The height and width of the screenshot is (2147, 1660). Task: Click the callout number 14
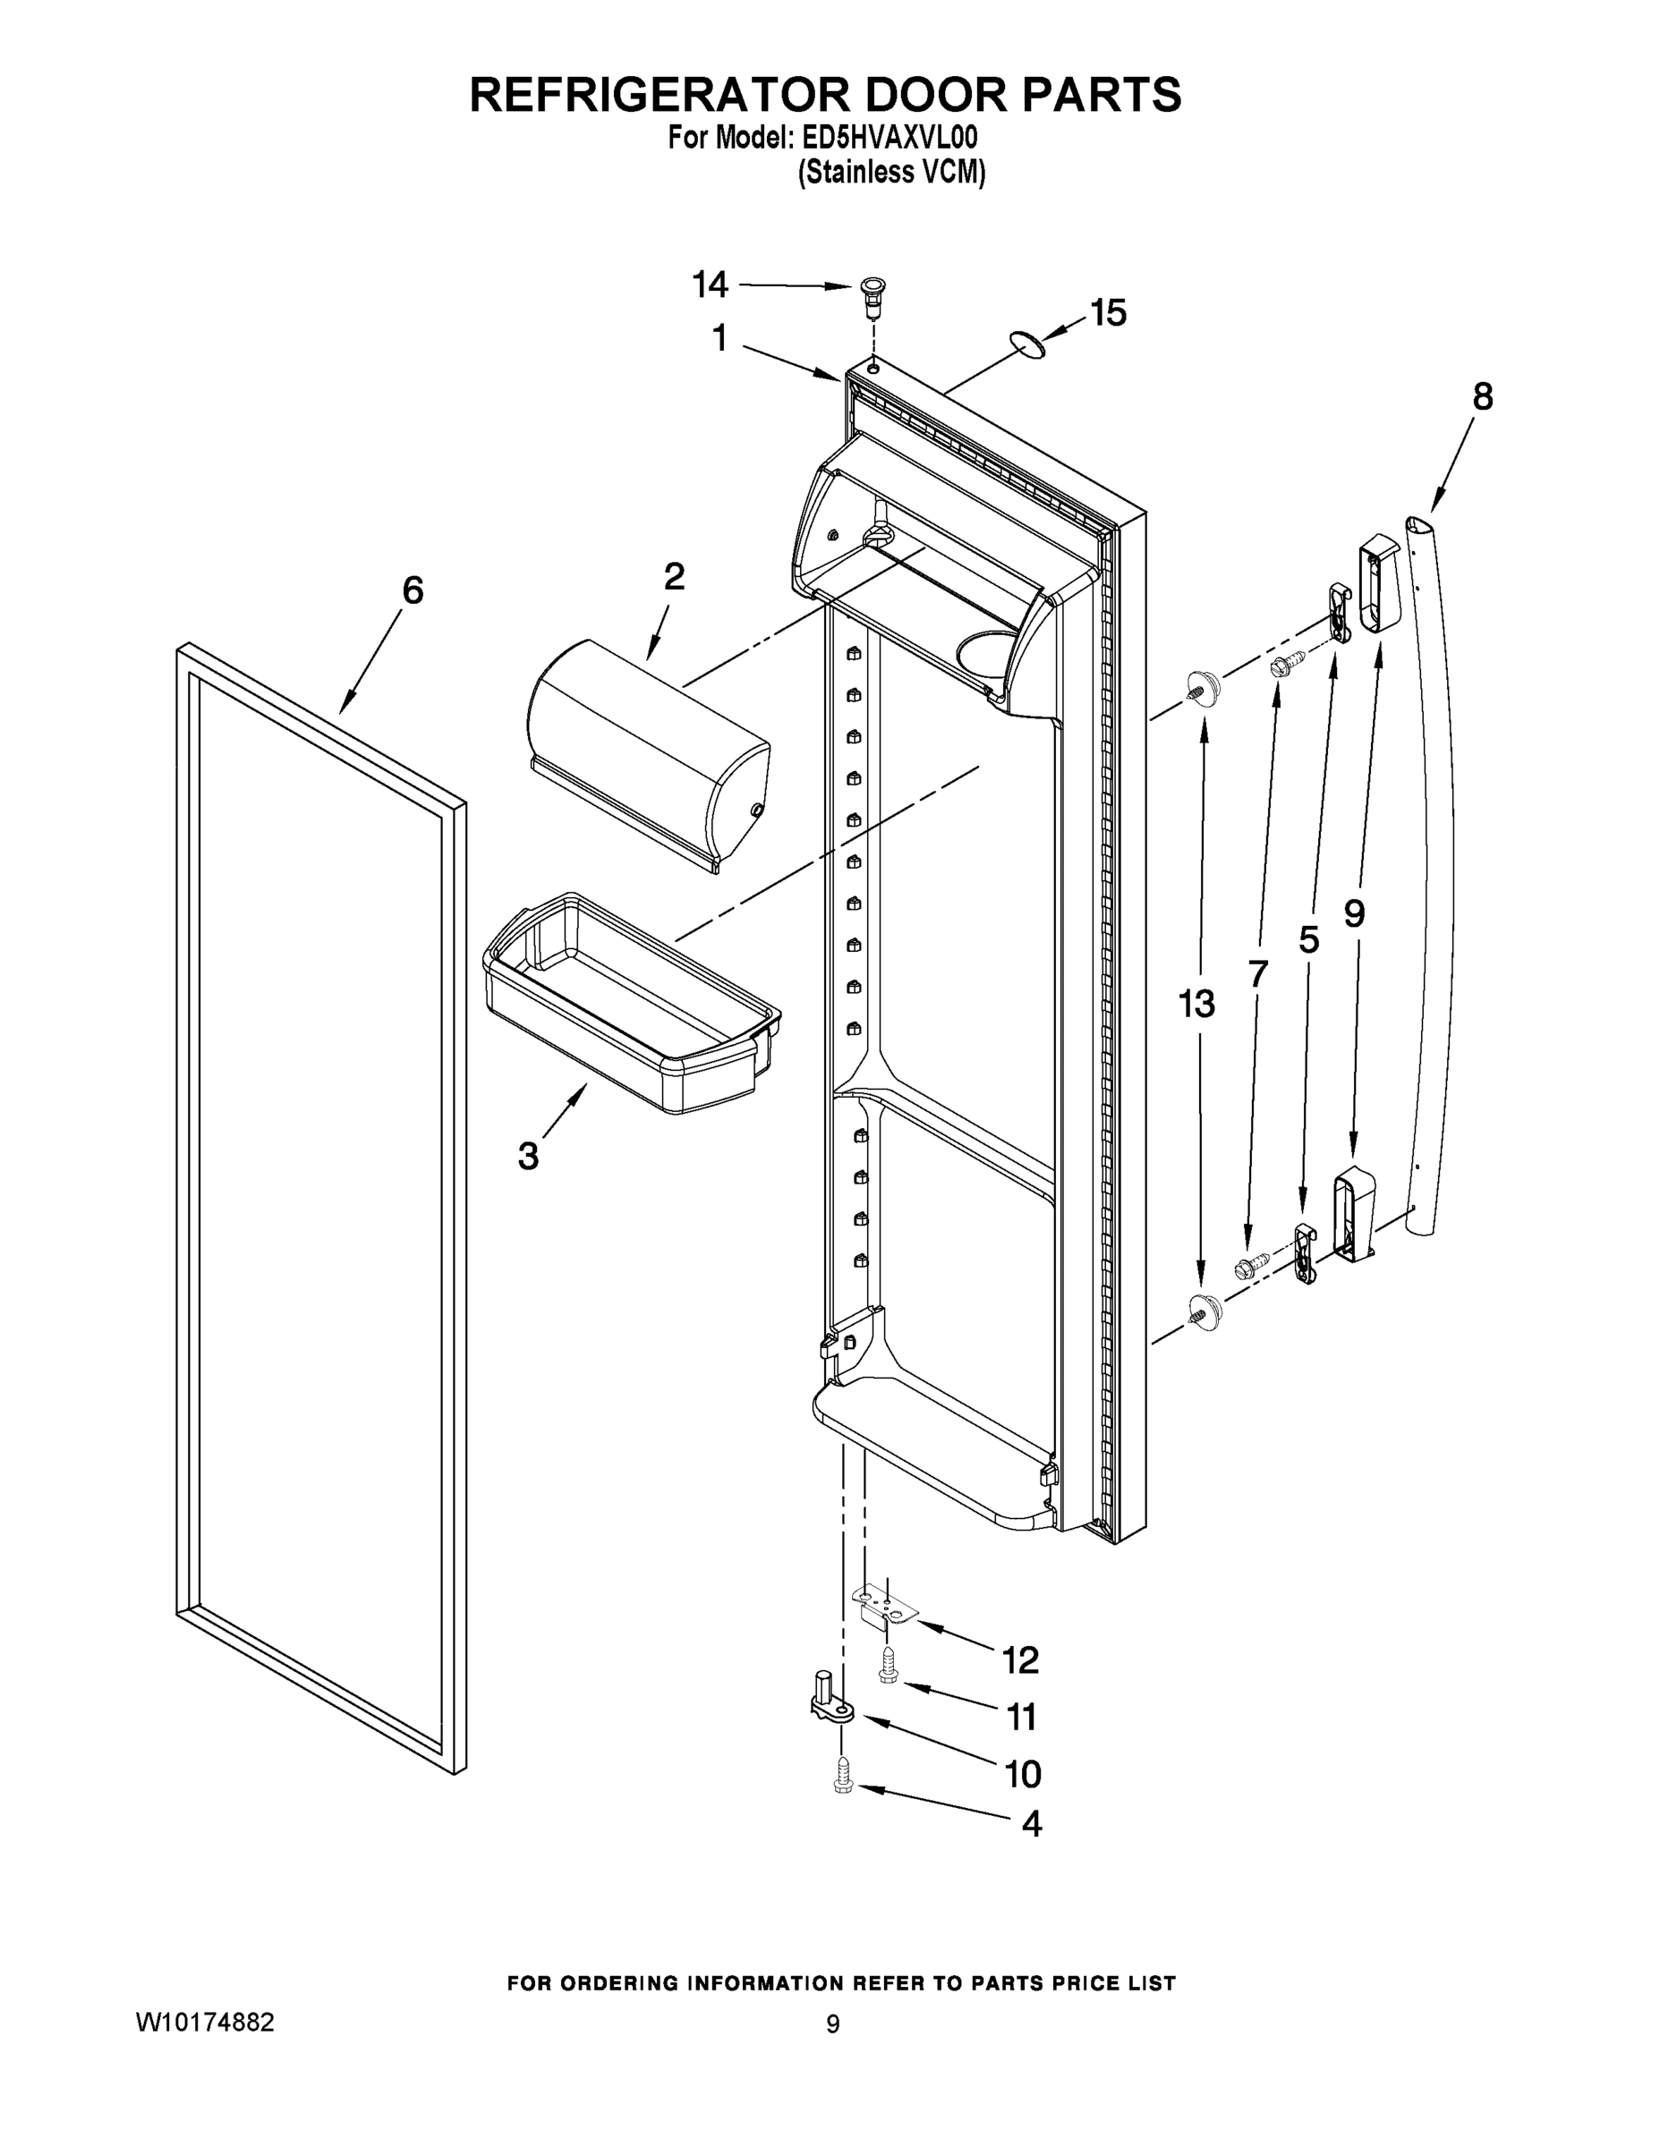(x=709, y=285)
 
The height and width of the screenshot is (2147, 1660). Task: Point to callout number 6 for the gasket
(x=413, y=590)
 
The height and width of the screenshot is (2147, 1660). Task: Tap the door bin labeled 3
(x=629, y=1003)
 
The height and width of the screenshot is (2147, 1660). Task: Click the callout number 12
(x=1020, y=1660)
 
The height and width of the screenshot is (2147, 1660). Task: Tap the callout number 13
(x=1196, y=1004)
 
